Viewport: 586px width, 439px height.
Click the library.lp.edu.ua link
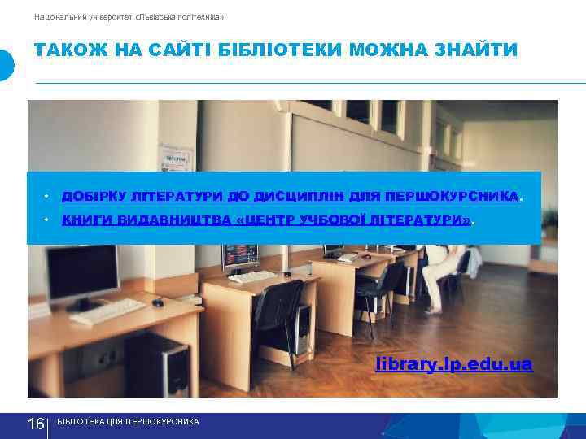(x=453, y=365)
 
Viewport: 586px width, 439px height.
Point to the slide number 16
(x=36, y=424)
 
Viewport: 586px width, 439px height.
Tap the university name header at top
(x=129, y=16)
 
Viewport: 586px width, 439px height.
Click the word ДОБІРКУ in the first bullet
(x=90, y=197)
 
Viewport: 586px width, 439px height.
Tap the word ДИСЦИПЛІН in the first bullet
(x=287, y=197)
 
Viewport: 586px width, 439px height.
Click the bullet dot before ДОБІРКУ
(x=47, y=197)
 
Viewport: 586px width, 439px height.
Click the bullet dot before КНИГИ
(x=47, y=220)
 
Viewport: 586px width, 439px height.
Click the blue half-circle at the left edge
(x=7, y=65)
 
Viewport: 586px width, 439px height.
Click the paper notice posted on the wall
(x=176, y=157)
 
